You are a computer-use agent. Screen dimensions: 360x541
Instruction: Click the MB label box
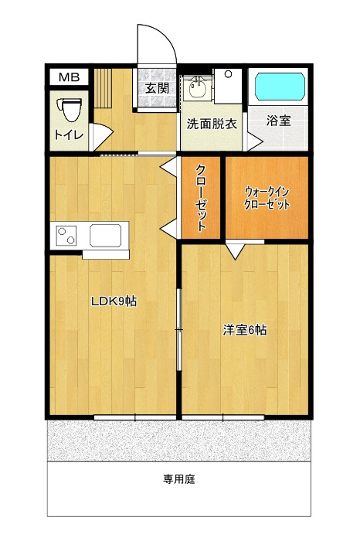pyautogui.click(x=70, y=77)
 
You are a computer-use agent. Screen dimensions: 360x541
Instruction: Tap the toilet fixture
pyautogui.click(x=72, y=110)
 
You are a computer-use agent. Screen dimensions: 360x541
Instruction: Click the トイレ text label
pyautogui.click(x=69, y=135)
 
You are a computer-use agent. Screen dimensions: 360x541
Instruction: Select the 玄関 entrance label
pyautogui.click(x=157, y=88)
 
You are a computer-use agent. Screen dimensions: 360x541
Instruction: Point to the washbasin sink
pyautogui.click(x=197, y=89)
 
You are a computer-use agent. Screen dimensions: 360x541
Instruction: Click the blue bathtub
pyautogui.click(x=280, y=86)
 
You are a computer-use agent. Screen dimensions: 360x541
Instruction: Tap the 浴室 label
pyautogui.click(x=278, y=121)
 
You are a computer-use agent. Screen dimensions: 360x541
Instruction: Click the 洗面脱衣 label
pyautogui.click(x=212, y=124)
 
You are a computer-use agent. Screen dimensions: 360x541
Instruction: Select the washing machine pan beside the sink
pyautogui.click(x=228, y=86)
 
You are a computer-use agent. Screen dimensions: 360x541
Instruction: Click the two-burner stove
pyautogui.click(x=66, y=235)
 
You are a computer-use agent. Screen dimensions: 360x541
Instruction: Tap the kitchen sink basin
pyautogui.click(x=106, y=235)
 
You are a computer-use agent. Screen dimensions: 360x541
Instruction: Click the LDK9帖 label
pyautogui.click(x=114, y=301)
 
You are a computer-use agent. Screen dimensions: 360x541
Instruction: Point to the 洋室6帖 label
pyautogui.click(x=244, y=330)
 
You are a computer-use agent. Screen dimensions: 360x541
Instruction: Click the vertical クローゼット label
pyautogui.click(x=201, y=197)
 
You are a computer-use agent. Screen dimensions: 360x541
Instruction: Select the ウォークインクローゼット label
pyautogui.click(x=267, y=199)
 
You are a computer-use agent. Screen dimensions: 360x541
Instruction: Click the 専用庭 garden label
pyautogui.click(x=179, y=479)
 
